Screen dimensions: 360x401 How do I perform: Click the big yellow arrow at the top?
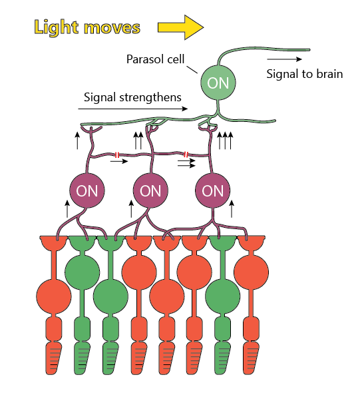click(x=180, y=27)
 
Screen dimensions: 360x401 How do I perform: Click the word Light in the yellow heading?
click(x=56, y=27)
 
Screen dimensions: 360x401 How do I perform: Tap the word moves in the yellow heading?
click(x=112, y=28)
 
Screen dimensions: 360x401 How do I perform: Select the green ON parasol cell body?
click(x=218, y=83)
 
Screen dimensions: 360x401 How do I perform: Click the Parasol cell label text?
click(x=155, y=59)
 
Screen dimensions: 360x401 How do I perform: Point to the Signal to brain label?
click(x=305, y=74)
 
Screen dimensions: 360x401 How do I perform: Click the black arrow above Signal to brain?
click(x=284, y=59)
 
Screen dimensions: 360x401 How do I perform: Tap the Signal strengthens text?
click(x=132, y=97)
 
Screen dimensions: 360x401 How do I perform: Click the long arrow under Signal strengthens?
click(x=133, y=109)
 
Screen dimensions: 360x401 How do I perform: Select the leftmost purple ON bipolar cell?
click(x=87, y=191)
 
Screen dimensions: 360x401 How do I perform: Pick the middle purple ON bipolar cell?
click(x=150, y=191)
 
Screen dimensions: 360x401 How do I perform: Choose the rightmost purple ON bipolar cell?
click(x=212, y=191)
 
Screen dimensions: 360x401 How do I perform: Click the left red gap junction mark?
click(x=117, y=155)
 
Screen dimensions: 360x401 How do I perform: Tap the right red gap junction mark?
click(x=186, y=155)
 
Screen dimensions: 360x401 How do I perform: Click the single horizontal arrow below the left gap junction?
click(x=119, y=161)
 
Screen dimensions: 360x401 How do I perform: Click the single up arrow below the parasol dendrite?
click(x=77, y=141)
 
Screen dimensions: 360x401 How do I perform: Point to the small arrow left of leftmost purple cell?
click(x=67, y=209)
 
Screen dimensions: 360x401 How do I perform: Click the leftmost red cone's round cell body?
click(x=54, y=296)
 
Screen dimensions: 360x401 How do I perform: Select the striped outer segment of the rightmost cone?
click(x=251, y=358)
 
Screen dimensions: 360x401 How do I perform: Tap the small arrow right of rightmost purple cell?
click(x=232, y=209)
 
